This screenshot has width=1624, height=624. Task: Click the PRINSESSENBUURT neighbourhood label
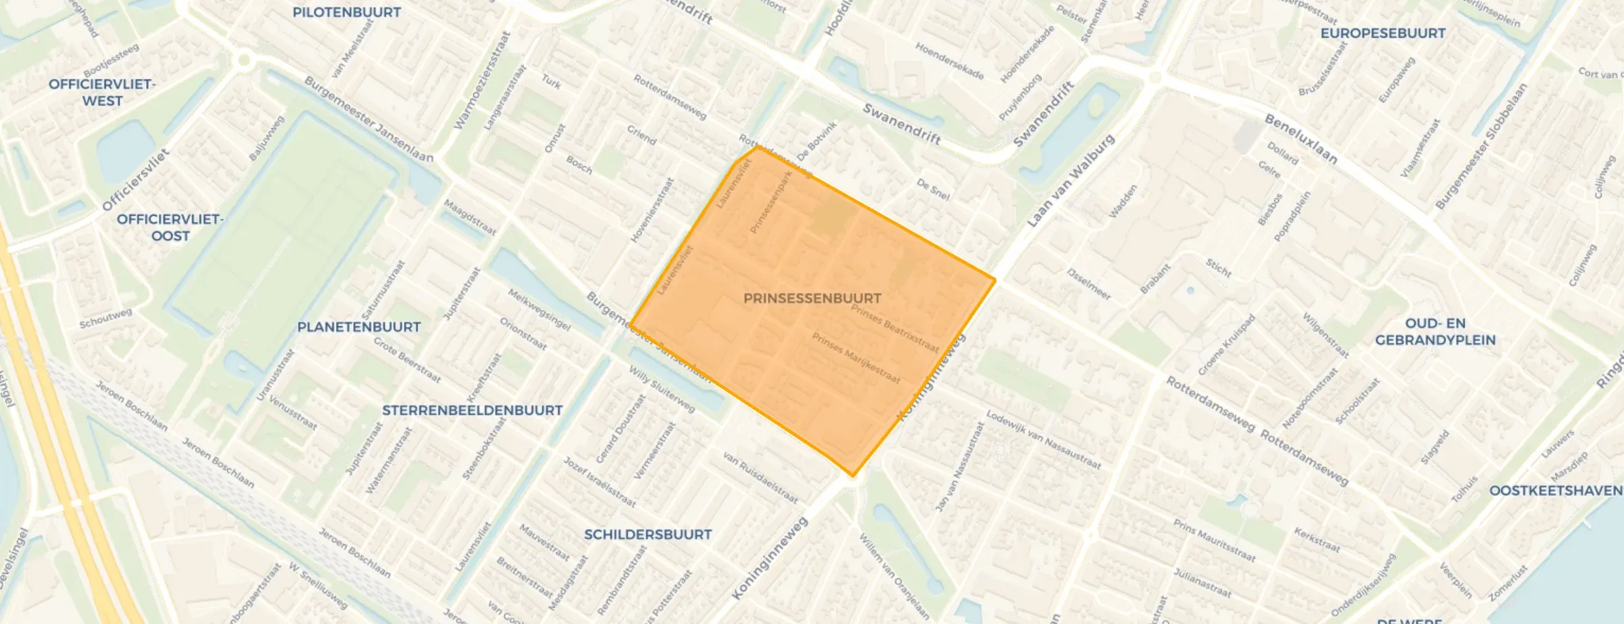pos(812,298)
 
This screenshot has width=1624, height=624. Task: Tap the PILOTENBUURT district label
pos(346,12)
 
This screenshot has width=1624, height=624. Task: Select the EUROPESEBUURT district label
pos(1382,33)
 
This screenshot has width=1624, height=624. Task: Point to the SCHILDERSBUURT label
pos(648,534)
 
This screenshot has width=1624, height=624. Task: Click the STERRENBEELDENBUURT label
pos(472,410)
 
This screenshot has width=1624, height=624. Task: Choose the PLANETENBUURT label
pos(358,327)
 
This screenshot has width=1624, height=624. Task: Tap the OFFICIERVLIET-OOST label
pos(170,227)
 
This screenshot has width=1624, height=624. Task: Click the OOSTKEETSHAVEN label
pos(1555,490)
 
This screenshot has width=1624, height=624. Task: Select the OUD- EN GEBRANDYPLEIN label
pos(1435,332)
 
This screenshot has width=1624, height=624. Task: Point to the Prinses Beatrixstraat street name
pos(895,329)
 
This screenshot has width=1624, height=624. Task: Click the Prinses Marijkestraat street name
pos(855,358)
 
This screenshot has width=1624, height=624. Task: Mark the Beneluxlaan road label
pos(1300,139)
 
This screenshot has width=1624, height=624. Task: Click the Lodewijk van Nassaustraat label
pos(1043,440)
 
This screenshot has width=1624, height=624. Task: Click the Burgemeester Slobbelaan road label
pos(1480,146)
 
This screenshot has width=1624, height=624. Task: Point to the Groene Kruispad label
pos(1225,345)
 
